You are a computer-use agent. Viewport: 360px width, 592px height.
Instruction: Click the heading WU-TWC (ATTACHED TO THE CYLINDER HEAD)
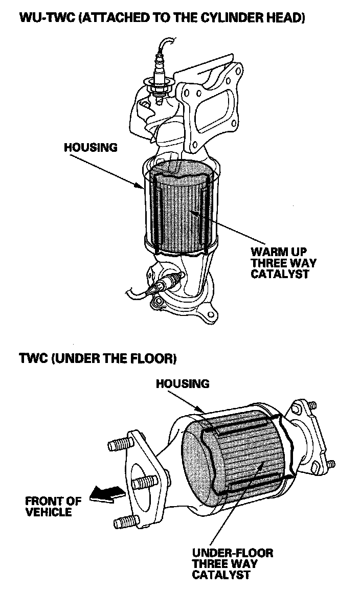pyautogui.click(x=162, y=19)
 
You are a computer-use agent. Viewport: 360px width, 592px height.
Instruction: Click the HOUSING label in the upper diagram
pyautogui.click(x=91, y=148)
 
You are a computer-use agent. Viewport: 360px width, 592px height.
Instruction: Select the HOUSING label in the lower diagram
pyautogui.click(x=183, y=383)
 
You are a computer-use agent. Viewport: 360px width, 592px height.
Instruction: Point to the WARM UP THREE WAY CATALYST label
pyautogui.click(x=283, y=263)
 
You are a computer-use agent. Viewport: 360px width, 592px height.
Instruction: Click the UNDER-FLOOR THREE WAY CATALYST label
pyautogui.click(x=232, y=563)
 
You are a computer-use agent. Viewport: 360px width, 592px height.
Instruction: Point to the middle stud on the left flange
pyautogui.click(x=144, y=483)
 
